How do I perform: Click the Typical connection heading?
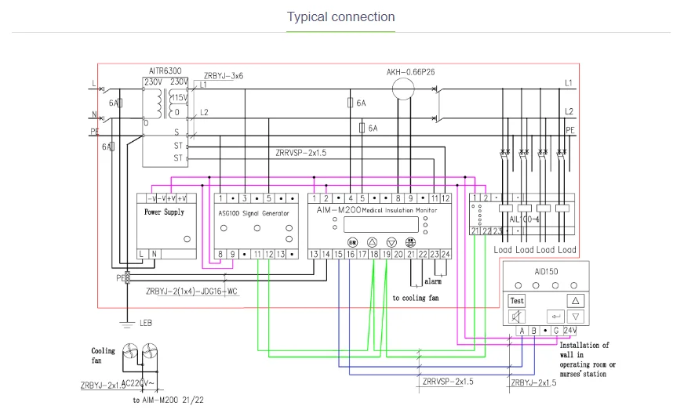pos(340,16)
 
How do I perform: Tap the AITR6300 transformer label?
pos(165,70)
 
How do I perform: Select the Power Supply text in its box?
pos(164,212)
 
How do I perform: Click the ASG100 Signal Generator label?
pos(253,213)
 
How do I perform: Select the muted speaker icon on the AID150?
pos(517,317)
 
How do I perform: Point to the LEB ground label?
pos(145,324)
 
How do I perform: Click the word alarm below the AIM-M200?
pos(432,281)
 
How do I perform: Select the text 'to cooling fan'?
pos(416,298)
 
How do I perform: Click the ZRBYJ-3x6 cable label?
pos(224,76)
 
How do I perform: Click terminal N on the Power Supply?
pos(154,254)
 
